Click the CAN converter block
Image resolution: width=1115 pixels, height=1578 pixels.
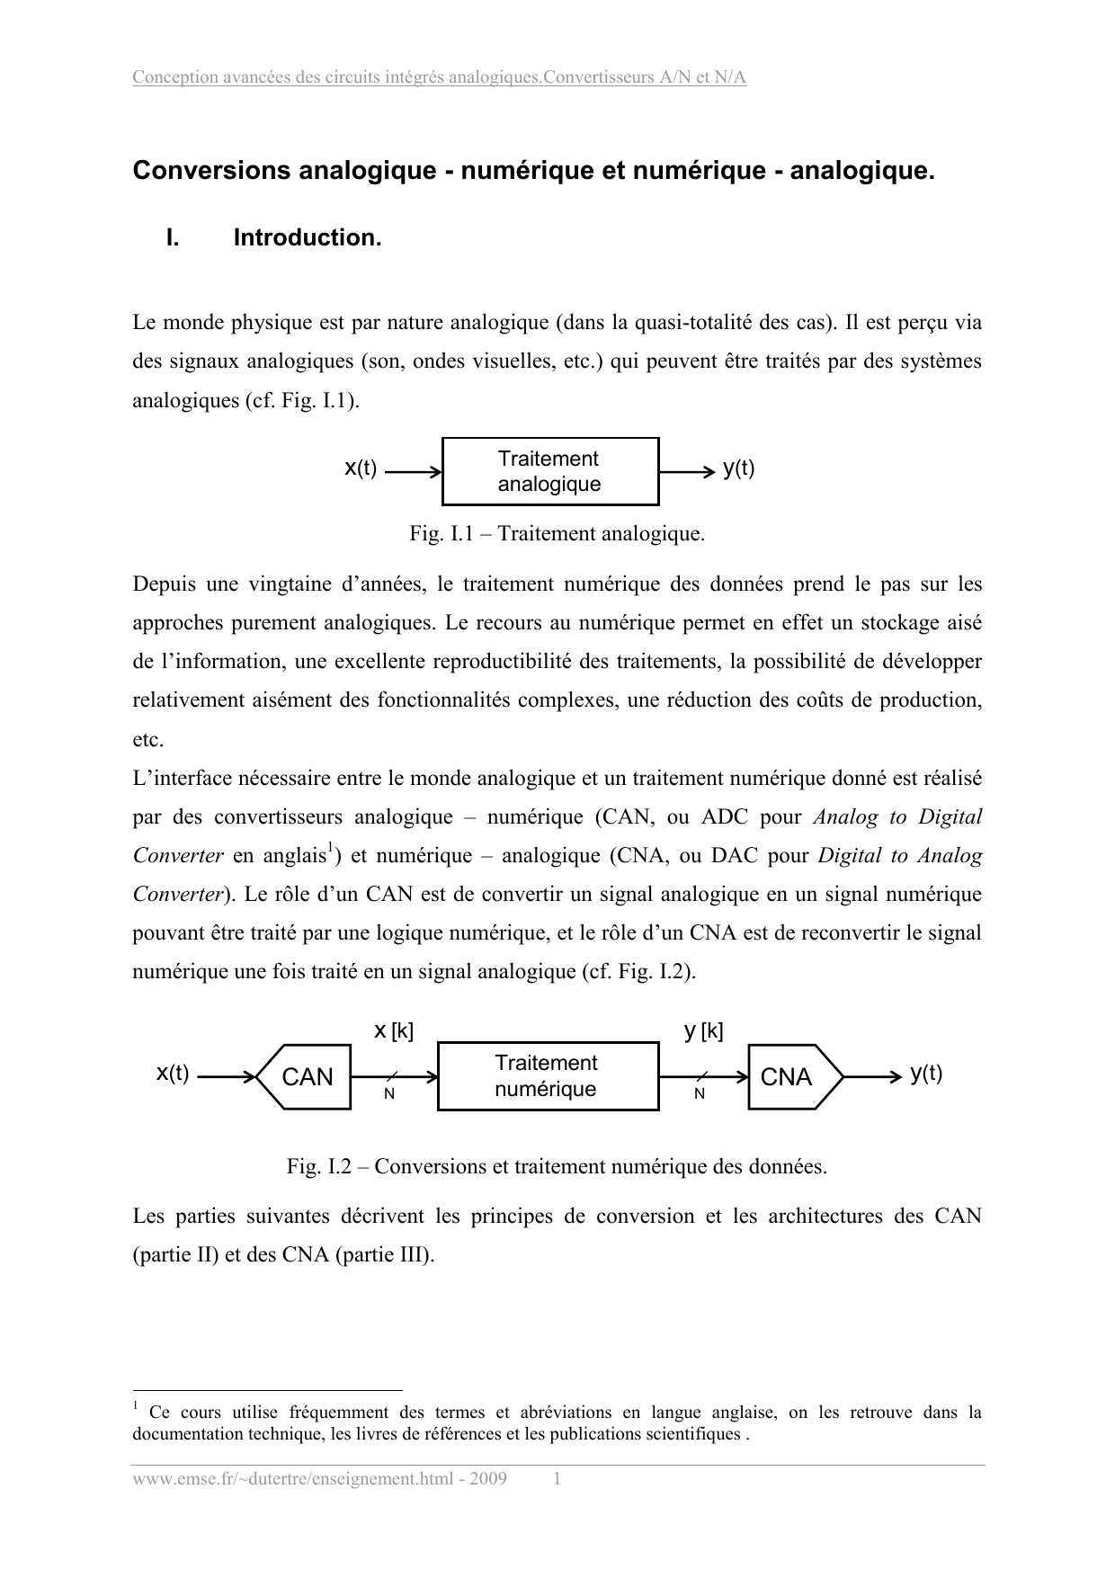click(304, 1076)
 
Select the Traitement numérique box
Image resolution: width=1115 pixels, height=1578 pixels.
click(548, 1076)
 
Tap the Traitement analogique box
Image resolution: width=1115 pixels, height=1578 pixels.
click(550, 471)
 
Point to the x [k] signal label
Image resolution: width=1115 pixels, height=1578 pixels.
click(393, 1030)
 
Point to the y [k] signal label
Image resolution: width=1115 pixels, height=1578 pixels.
click(703, 1030)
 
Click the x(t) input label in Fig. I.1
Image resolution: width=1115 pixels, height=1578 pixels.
click(361, 468)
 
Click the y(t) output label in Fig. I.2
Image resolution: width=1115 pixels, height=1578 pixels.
click(925, 1073)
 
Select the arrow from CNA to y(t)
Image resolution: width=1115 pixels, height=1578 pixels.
click(872, 1076)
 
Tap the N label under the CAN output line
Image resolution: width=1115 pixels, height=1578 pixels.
click(389, 1094)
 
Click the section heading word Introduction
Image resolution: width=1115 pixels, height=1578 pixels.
click(308, 238)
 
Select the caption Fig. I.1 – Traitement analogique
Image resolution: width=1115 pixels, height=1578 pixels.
click(557, 534)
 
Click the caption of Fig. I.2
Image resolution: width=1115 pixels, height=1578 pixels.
click(557, 1167)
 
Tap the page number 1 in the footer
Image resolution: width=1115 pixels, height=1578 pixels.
click(557, 1479)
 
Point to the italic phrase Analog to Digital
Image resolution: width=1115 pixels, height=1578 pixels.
click(896, 817)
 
